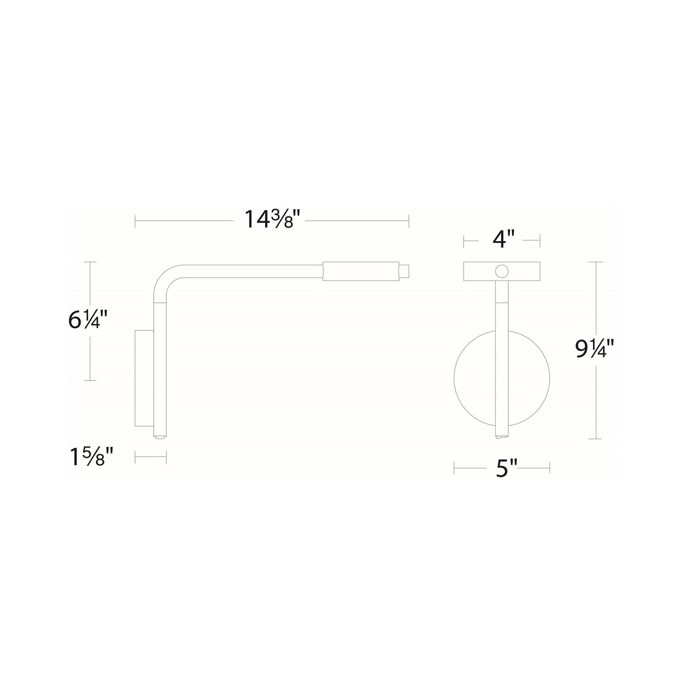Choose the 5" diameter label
502,469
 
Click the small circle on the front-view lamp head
501,271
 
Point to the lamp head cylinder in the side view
360,271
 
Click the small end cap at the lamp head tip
404,271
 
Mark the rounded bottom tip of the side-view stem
160,435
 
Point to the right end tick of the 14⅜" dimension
409,221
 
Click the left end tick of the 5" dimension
455,468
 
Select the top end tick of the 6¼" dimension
90,262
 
